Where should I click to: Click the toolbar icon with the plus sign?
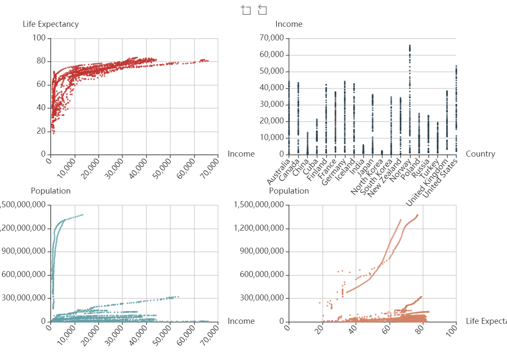(x=246, y=10)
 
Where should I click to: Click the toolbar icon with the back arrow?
(x=262, y=10)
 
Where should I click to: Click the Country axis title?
(x=480, y=154)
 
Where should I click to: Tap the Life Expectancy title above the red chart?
(x=51, y=24)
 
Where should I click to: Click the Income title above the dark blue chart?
(x=289, y=24)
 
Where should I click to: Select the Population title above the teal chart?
(x=51, y=191)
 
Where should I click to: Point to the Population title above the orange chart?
(x=289, y=191)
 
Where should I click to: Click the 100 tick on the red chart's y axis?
(x=39, y=38)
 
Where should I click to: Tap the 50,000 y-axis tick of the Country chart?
(x=271, y=71)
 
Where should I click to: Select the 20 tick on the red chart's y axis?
(x=41, y=131)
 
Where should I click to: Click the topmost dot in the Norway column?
(x=410, y=45)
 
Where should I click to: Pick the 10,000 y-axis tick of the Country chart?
(x=271, y=138)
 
